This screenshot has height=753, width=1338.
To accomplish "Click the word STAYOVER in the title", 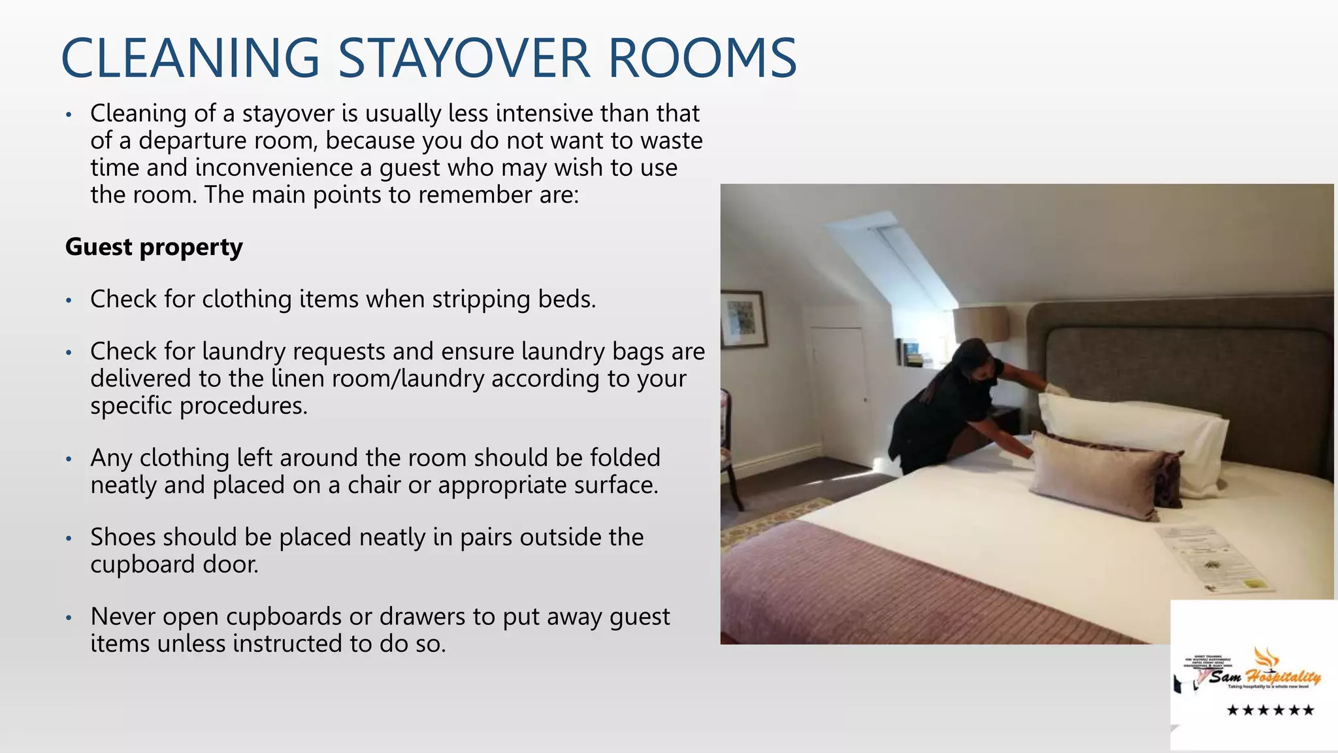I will click(465, 58).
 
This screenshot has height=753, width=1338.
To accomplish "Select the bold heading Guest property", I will click(154, 247).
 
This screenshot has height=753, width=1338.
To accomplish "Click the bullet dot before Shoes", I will click(69, 539).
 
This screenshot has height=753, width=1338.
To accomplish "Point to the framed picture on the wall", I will click(743, 319).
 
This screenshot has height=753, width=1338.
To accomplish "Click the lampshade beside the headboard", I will click(980, 324).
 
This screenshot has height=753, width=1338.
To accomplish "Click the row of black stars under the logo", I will click(1269, 710).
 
